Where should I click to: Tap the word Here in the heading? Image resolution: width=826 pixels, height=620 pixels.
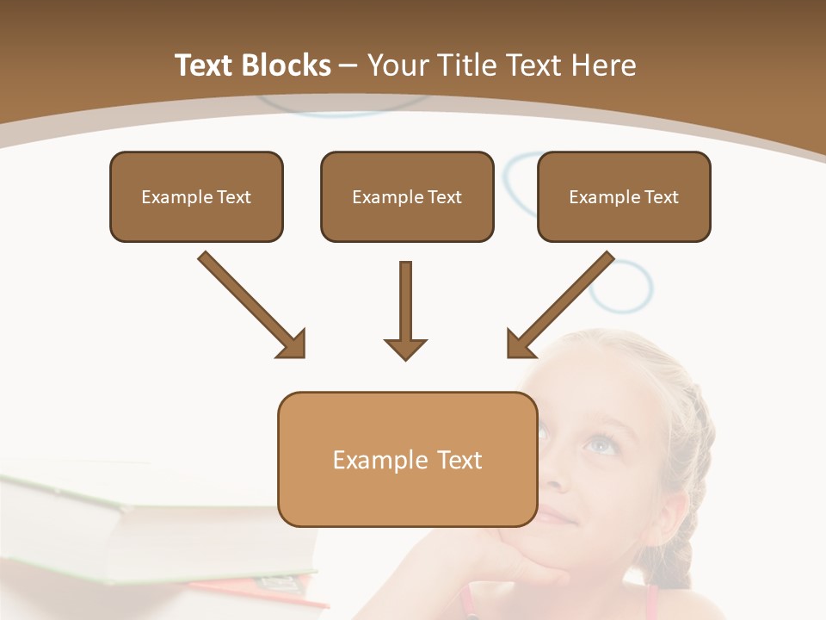[x=604, y=65]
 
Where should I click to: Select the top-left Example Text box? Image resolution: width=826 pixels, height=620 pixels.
[x=196, y=196]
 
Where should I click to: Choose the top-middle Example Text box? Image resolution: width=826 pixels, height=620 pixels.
[x=407, y=196]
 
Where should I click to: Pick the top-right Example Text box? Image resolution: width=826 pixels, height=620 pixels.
[x=624, y=196]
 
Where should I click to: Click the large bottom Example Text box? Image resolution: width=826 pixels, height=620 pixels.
[x=407, y=459]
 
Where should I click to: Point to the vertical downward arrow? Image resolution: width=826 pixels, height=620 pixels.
[x=405, y=310]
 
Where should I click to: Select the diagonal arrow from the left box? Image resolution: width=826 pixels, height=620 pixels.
[x=251, y=303]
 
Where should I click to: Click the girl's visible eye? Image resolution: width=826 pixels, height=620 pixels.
[x=600, y=444]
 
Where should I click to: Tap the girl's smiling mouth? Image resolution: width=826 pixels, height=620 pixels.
[x=558, y=517]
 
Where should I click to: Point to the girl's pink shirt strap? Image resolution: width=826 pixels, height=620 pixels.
[x=651, y=603]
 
